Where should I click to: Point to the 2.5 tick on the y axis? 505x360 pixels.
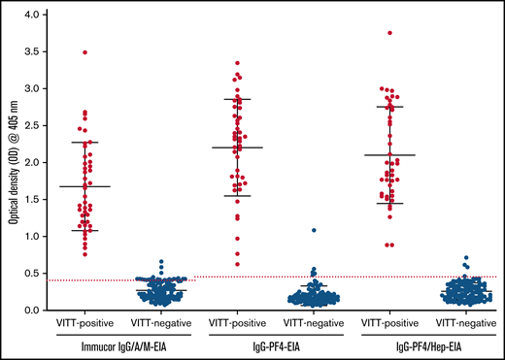click(41, 126)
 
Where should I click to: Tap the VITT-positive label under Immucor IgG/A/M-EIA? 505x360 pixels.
click(85, 321)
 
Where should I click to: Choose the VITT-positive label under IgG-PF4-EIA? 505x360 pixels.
click(238, 321)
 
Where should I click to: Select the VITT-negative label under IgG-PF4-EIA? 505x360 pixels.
click(313, 321)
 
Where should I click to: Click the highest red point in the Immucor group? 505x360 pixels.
click(85, 52)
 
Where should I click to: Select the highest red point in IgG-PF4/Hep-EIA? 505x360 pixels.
click(389, 33)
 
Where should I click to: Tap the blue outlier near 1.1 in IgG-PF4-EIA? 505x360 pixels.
click(313, 230)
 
